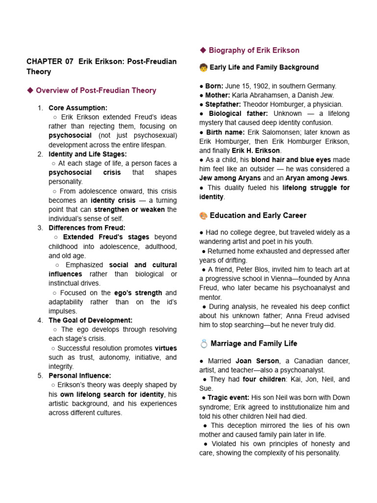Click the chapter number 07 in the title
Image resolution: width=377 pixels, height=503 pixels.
coord(69,61)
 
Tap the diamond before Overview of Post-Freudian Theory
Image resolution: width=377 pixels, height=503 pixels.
coord(30,90)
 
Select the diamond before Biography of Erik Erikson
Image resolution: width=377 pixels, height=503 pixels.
coord(203,50)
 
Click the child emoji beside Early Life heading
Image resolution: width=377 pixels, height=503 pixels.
coord(203,67)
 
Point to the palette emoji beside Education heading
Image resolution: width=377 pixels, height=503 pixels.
coord(203,216)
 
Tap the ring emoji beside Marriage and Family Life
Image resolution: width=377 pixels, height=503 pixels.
coord(203,343)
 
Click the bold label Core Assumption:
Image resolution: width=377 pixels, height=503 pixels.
coord(78,108)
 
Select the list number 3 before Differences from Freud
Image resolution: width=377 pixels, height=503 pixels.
coord(40,228)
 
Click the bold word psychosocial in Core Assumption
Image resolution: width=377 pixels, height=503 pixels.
coord(70,135)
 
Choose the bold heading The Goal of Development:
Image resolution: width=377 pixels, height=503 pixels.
coord(91,320)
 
